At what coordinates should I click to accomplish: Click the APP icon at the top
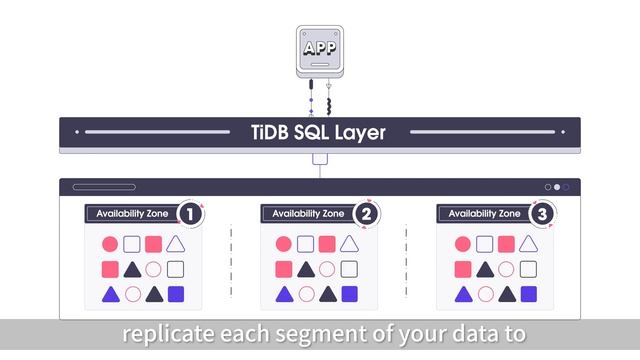pyautogui.click(x=320, y=48)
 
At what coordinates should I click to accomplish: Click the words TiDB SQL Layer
pyautogui.click(x=319, y=132)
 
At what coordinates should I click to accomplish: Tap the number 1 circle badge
pyautogui.click(x=189, y=213)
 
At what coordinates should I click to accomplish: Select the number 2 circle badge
pyautogui.click(x=366, y=213)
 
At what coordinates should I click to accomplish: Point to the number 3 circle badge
pyautogui.click(x=542, y=213)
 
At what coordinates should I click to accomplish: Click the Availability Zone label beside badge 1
pyautogui.click(x=131, y=213)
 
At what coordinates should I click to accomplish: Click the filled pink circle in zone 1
pyautogui.click(x=109, y=244)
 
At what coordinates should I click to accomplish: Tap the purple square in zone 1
pyautogui.click(x=176, y=294)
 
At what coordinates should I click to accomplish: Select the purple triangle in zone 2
pyautogui.click(x=285, y=294)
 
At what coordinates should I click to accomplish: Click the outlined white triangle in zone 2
pyautogui.click(x=349, y=244)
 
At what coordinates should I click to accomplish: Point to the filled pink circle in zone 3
pyautogui.click(x=462, y=244)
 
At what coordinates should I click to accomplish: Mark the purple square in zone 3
pyautogui.click(x=529, y=294)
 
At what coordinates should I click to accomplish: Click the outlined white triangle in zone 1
pyautogui.click(x=176, y=244)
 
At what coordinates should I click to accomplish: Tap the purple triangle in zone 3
pyautogui.click(x=462, y=294)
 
